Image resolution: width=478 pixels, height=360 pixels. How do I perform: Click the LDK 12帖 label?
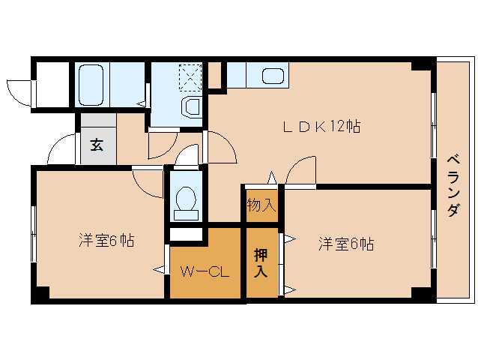(321, 127)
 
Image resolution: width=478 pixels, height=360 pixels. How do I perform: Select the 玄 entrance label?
(97, 145)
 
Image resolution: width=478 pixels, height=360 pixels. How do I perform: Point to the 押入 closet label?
(261, 262)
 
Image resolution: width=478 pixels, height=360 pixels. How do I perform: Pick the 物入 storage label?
(261, 205)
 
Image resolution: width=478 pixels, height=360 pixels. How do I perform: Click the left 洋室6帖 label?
(106, 241)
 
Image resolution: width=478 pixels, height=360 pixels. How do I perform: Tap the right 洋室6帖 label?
(346, 243)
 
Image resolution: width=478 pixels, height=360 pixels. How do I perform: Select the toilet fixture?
(184, 202)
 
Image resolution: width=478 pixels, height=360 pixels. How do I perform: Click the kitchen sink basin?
(272, 76)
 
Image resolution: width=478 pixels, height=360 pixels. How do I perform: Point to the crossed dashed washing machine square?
(190, 76)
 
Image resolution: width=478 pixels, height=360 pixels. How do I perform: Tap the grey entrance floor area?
(98, 139)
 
